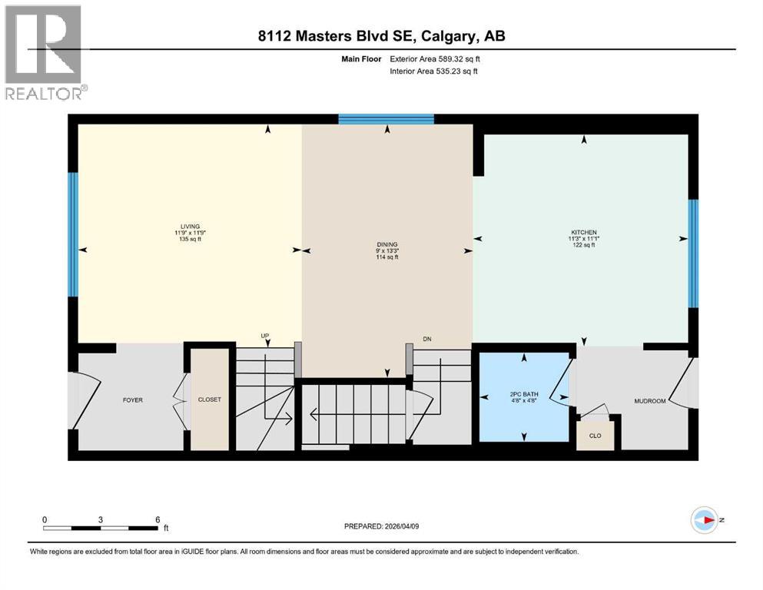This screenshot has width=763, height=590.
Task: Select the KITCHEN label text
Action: coord(583,233)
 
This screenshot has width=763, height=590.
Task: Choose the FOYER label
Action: coord(133,400)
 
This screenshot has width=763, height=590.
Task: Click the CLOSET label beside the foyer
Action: coord(209,400)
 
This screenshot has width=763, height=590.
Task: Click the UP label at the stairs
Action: coord(265,336)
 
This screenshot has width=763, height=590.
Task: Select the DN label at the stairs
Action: coord(428,339)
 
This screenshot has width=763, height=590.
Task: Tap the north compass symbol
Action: coord(704,520)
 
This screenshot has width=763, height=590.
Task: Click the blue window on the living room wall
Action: coord(73,234)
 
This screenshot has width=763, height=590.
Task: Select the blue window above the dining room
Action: coord(386,118)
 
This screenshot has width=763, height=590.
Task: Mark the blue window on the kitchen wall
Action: coord(692,253)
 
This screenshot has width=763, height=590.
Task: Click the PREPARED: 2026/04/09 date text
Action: coord(384,526)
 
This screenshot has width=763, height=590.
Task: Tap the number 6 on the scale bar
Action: coord(158,519)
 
